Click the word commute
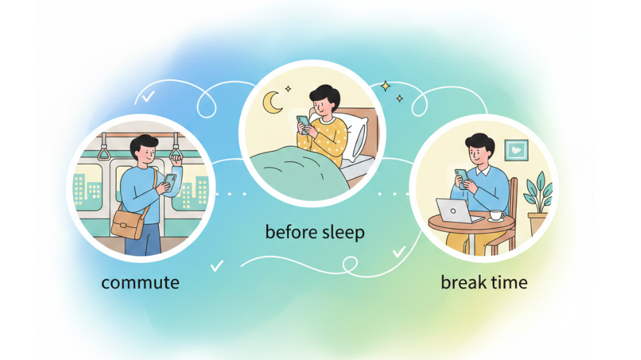click(140, 282)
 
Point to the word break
click(462, 282)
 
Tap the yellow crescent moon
click(271, 102)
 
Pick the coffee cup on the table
click(496, 215)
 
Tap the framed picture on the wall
click(516, 150)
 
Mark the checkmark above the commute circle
click(147, 97)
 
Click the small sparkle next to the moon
click(288, 88)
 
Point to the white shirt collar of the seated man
click(483, 170)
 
